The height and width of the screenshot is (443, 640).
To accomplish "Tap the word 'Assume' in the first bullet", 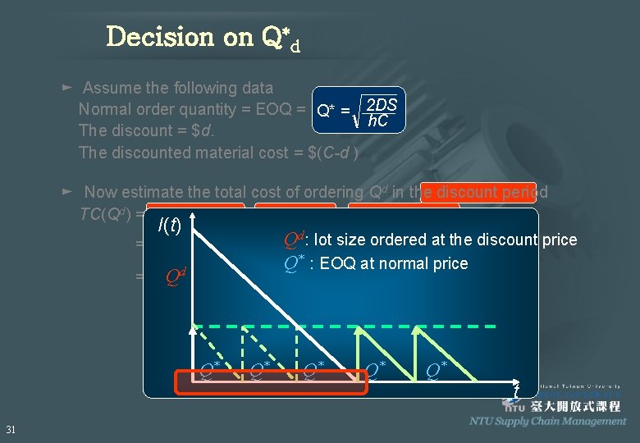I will click(112, 88).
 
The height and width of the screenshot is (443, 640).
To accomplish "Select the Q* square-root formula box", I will click(359, 110).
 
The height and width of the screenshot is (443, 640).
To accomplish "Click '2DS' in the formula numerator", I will click(382, 104).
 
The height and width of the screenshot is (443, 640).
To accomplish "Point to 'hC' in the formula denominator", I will click(378, 121).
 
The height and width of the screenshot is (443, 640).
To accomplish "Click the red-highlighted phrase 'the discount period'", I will click(478, 192).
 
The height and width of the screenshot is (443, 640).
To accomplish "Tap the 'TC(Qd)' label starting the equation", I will click(107, 214).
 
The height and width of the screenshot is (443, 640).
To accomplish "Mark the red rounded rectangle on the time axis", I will click(272, 382).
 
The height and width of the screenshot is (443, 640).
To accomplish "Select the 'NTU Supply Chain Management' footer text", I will click(547, 421).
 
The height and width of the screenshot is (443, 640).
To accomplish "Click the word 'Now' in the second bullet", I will click(101, 192).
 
